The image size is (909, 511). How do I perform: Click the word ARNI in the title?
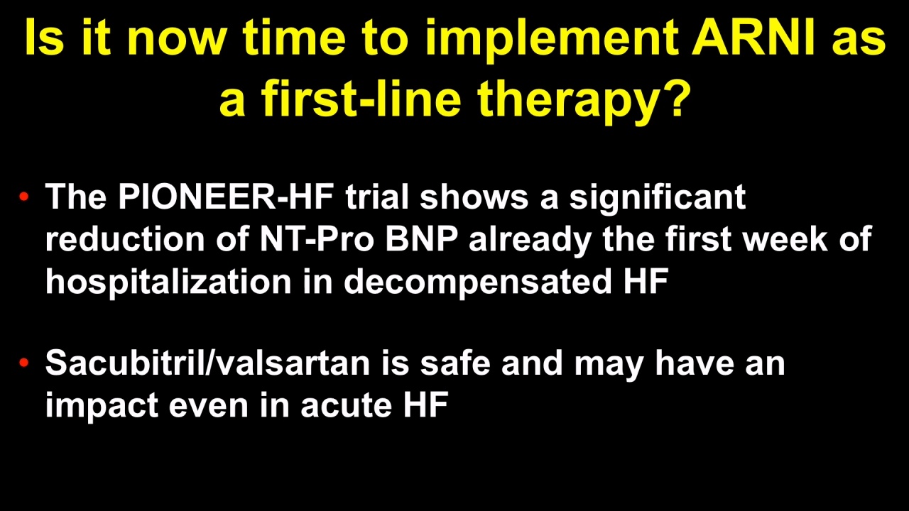click(753, 38)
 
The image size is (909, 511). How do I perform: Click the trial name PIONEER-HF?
click(226, 197)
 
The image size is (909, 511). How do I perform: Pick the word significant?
click(657, 199)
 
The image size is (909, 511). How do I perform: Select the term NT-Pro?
click(317, 239)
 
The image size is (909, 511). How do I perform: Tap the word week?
click(785, 239)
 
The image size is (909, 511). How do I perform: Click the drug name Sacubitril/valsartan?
click(207, 362)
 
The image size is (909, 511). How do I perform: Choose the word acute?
click(346, 405)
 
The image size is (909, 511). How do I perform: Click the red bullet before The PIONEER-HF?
click(24, 197)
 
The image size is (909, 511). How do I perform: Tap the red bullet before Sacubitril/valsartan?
click(24, 362)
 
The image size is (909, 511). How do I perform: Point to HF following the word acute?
click(425, 405)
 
